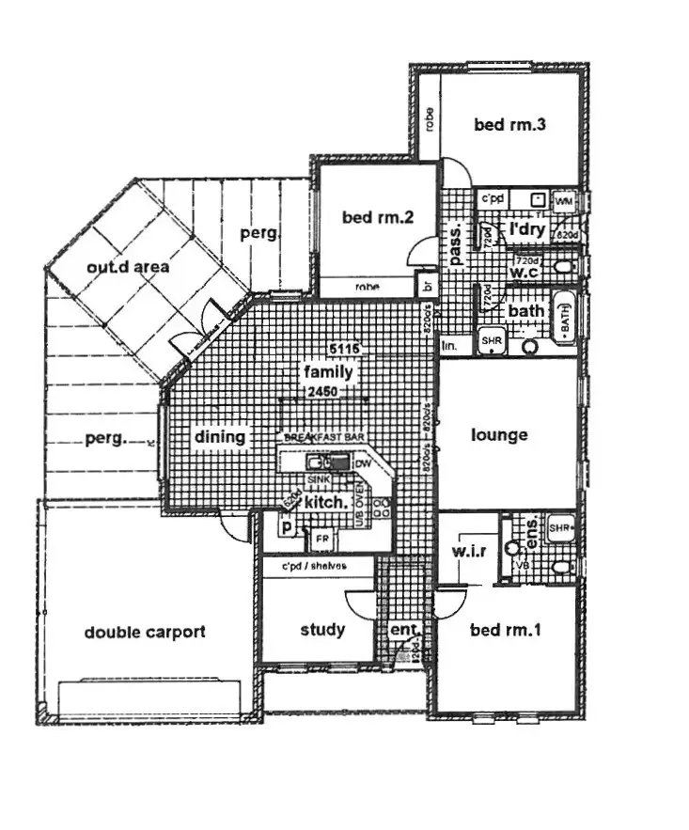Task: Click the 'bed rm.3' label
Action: [x=509, y=124]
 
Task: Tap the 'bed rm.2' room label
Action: [x=378, y=217]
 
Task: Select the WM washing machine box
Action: [x=564, y=201]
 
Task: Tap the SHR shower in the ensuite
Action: [x=561, y=527]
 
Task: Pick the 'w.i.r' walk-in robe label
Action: [x=468, y=550]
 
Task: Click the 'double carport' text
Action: [x=144, y=632]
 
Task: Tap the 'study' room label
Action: [x=322, y=630]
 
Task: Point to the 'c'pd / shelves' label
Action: [x=314, y=566]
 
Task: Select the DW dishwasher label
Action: [x=363, y=464]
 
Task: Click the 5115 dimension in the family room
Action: [x=342, y=350]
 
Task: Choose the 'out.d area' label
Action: [x=128, y=267]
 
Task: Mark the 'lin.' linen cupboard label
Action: [x=450, y=347]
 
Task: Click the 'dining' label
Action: [x=219, y=437]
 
